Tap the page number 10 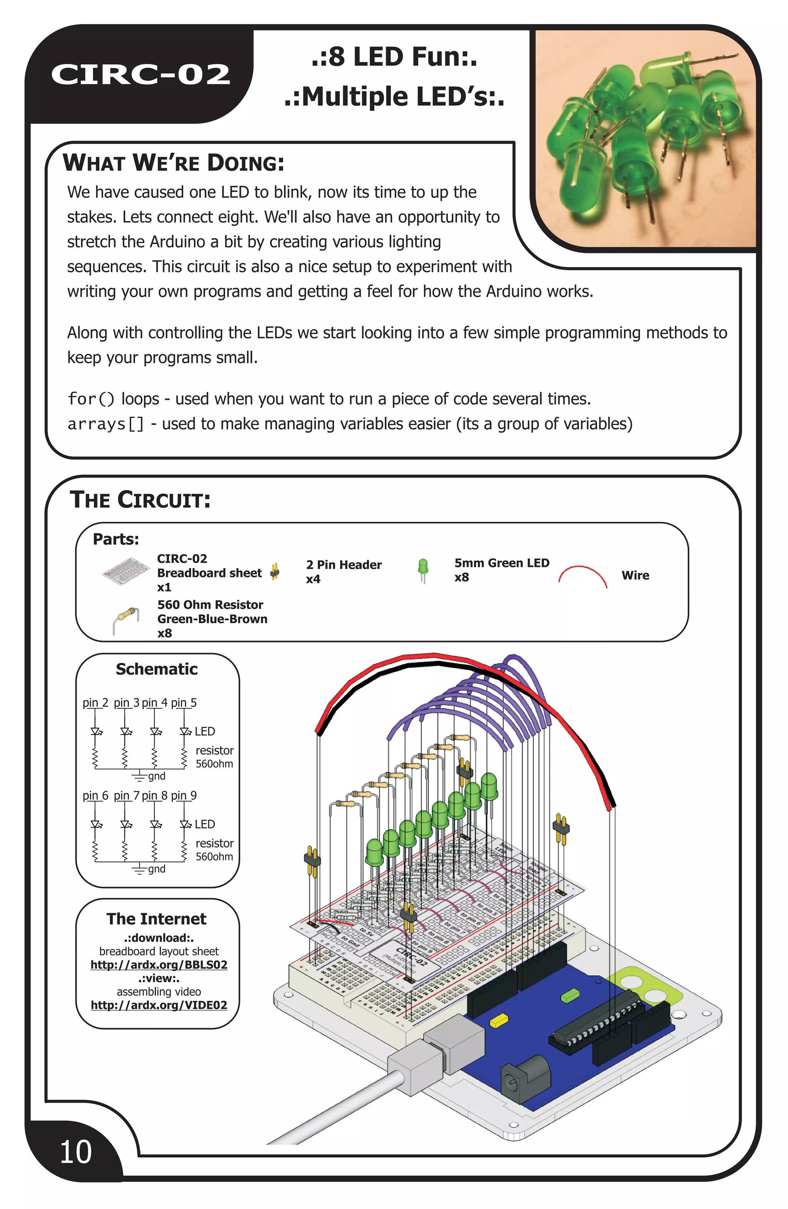(x=76, y=1152)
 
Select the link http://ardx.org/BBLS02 (x=159, y=965)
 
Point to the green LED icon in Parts (x=422, y=570)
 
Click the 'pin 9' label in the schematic (x=184, y=796)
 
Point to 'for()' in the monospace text (x=92, y=399)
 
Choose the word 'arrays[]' (x=105, y=424)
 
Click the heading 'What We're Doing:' (x=173, y=163)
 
